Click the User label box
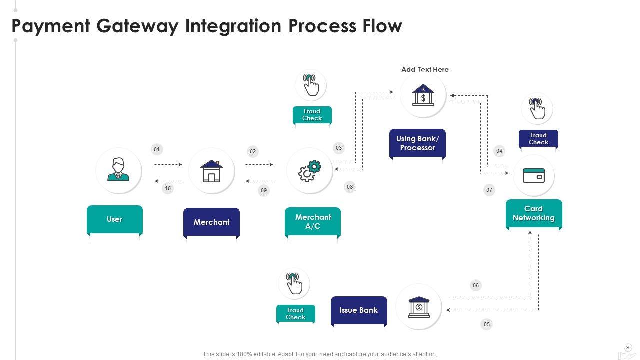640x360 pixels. click(115, 219)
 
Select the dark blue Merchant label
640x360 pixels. click(211, 222)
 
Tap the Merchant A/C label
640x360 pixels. click(313, 222)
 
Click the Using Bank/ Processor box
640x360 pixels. click(417, 143)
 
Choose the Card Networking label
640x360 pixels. click(534, 214)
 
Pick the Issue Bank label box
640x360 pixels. click(359, 310)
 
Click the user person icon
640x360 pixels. click(118, 170)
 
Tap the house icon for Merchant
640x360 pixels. click(211, 171)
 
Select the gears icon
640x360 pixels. click(309, 171)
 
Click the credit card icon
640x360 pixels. click(534, 176)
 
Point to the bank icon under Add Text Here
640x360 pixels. click(423, 95)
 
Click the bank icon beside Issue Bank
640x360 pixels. click(419, 307)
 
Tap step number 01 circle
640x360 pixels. click(157, 149)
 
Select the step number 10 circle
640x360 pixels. click(168, 189)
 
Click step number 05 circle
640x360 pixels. click(486, 324)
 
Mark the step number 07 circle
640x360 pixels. click(489, 190)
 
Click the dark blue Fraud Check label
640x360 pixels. click(538, 139)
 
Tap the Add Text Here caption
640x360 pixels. click(425, 69)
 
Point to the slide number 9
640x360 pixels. click(628, 348)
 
